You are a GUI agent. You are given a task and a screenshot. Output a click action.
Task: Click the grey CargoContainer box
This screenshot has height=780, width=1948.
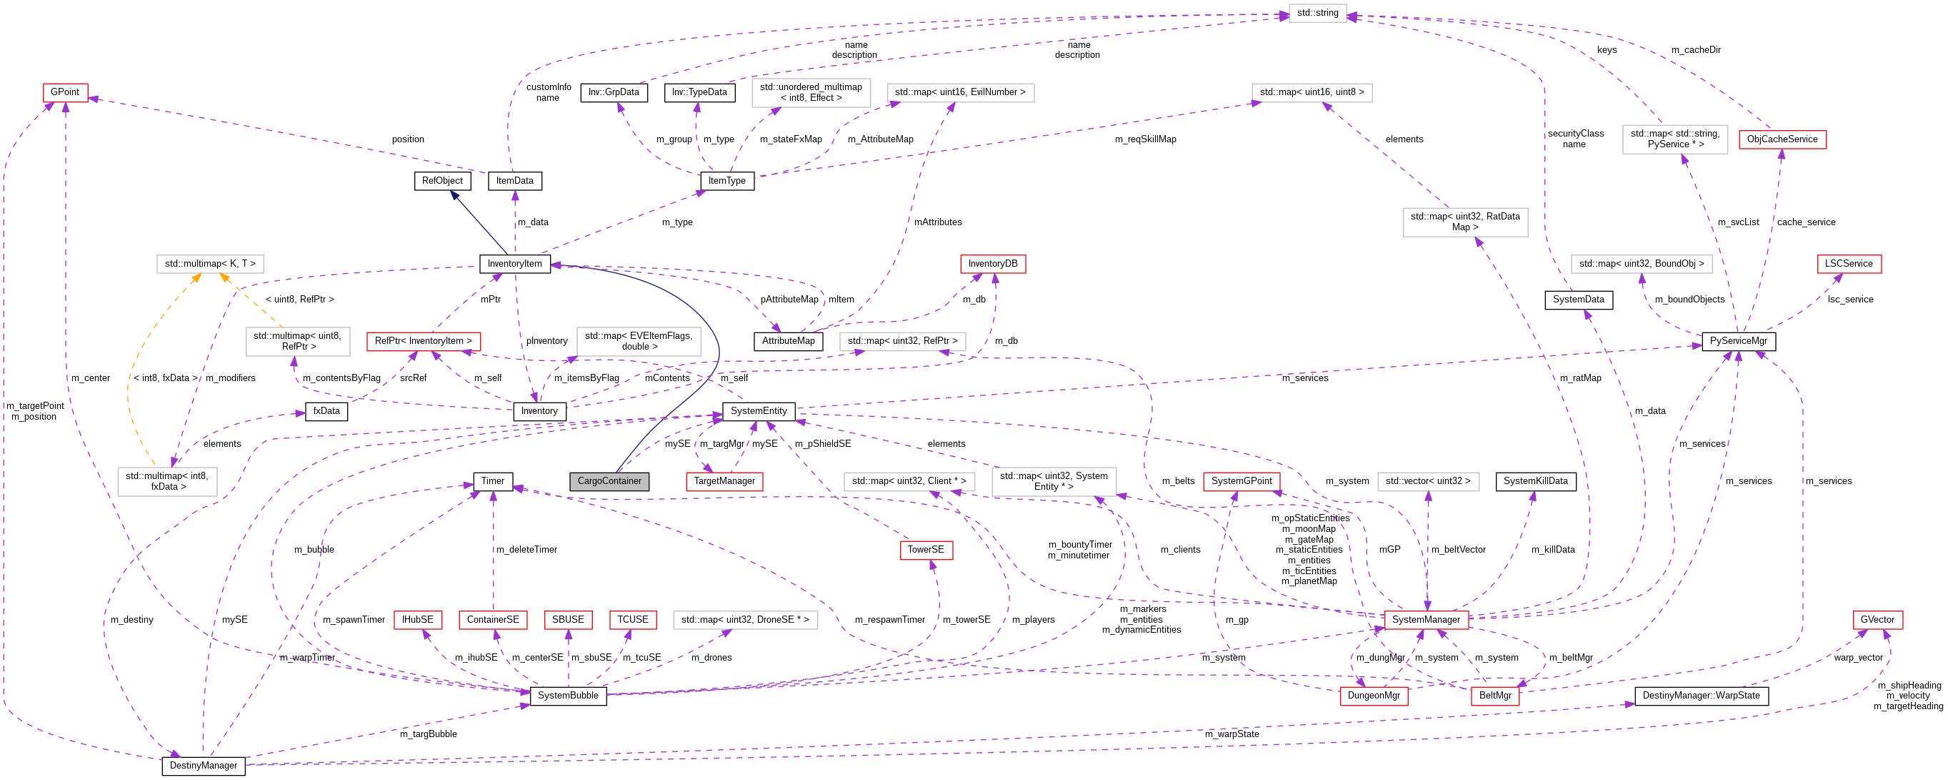coord(609,481)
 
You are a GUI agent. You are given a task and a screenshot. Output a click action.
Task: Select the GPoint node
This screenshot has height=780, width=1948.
coord(65,92)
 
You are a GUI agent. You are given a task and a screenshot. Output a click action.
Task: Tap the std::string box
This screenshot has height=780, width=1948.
coord(1317,13)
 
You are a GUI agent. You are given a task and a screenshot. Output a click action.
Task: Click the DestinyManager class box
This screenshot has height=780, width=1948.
coord(204,766)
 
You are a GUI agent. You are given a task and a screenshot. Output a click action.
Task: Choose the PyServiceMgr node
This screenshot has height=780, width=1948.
coord(1739,341)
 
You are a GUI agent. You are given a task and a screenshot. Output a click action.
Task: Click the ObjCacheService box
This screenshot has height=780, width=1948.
coord(1782,139)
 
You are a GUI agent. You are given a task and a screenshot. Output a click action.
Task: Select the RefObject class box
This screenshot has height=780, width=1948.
coord(442,181)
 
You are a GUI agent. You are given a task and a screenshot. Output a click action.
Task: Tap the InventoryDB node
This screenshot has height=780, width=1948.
coord(992,264)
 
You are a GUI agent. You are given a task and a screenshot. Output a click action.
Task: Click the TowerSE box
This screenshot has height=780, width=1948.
coord(926,550)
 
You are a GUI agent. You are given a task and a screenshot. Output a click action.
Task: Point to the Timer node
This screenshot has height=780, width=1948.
coord(492,481)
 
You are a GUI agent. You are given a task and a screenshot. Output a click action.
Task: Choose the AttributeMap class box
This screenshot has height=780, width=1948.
coord(788,341)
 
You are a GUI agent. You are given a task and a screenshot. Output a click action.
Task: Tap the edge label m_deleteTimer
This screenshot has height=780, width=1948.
coord(526,550)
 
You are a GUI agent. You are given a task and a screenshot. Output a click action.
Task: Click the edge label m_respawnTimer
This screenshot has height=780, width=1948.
coord(889,620)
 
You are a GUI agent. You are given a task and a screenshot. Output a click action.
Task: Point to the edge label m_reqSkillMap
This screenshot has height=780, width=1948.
coord(1145,139)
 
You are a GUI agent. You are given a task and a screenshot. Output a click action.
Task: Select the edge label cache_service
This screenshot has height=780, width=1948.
coord(1806,222)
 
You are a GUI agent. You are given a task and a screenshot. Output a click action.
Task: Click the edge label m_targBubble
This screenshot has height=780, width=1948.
coord(428,734)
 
